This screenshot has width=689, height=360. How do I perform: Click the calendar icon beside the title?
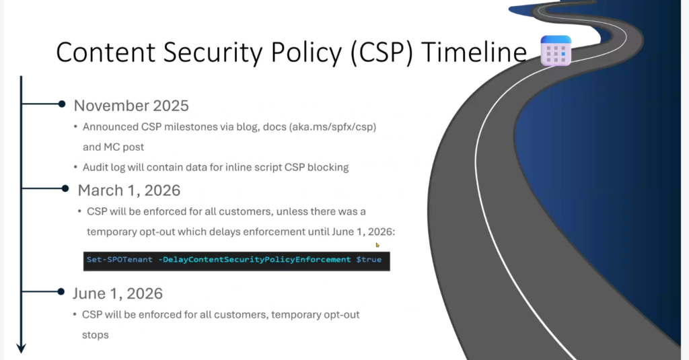pos(556,51)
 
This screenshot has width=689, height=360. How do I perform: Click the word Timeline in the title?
pos(474,52)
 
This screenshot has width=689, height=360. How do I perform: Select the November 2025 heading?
pos(131,106)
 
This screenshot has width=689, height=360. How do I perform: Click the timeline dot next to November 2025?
pos(61,104)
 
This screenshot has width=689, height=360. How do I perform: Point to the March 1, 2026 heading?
pos(129,190)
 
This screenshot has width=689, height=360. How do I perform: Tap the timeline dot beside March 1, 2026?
pos(65,188)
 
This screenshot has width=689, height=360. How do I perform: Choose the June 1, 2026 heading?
pos(118,293)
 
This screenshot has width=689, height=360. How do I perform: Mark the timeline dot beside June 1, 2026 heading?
pos(61,291)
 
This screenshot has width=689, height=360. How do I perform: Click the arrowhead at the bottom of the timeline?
pos(21,348)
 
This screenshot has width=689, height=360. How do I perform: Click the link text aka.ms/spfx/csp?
pos(332,127)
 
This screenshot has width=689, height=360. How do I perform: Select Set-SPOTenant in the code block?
pos(120,259)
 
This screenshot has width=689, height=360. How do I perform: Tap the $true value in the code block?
pos(369,259)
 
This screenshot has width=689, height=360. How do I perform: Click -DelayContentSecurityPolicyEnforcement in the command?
pos(255,259)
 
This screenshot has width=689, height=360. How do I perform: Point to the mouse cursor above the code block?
pos(377,245)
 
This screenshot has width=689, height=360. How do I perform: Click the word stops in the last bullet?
pos(96,335)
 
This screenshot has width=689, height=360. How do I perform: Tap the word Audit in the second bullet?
pos(96,168)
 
